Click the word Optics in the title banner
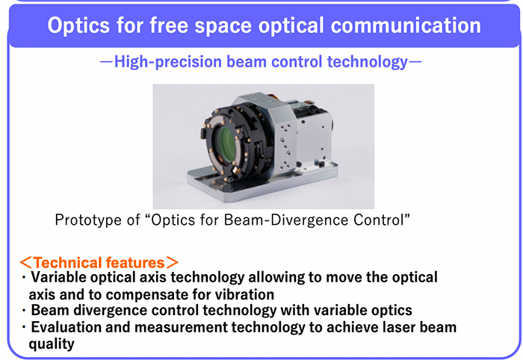(x=78, y=25)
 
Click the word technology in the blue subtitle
(x=368, y=62)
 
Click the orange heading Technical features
(x=99, y=263)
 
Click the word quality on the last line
(x=52, y=344)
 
